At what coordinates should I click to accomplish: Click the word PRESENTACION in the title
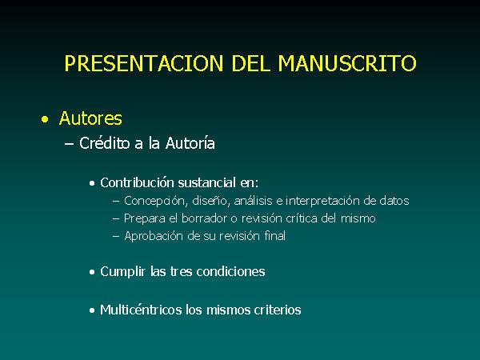pos(144,63)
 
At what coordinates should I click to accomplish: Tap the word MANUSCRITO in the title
pos(347,63)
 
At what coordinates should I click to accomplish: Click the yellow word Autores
pos(90,118)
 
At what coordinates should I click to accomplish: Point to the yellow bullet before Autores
pos(45,119)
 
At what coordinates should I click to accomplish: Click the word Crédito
pos(104,143)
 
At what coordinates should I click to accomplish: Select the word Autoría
pos(190,143)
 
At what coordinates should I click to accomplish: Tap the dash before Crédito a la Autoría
pos(69,144)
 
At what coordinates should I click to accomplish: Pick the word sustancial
pos(207,182)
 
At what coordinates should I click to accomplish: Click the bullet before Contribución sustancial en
pos(92,183)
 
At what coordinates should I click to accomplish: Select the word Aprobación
pos(154,236)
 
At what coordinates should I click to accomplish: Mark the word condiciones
pos(230,271)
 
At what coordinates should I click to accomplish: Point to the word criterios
pos(278,310)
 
